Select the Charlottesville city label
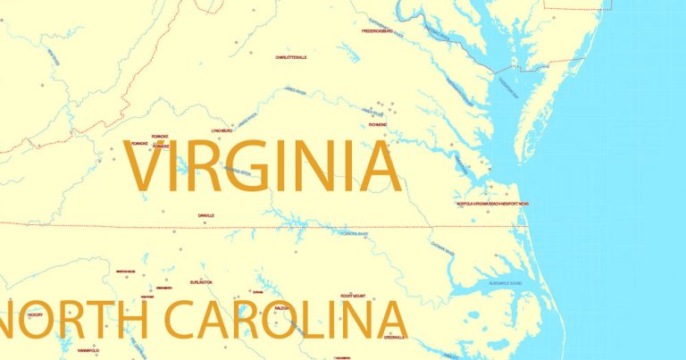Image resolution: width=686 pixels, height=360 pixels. tap(291, 57)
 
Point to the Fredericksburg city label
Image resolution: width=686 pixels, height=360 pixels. tap(377, 31)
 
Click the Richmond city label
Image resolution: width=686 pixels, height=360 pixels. tap(378, 125)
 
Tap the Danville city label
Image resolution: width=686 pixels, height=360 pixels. tap(206, 215)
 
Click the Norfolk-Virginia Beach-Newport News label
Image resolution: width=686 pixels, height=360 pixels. tap(492, 204)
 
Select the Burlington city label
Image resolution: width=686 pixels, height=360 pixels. tap(201, 282)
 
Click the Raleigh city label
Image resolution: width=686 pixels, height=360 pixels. tap(283, 307)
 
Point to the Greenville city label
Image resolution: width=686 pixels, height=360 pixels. tap(395, 338)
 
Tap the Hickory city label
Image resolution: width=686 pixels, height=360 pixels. tap(36, 314)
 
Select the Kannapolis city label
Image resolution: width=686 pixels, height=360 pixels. tap(88, 350)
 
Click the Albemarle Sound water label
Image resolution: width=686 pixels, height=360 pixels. tap(505, 283)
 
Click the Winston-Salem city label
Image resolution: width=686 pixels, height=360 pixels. tap(125, 271)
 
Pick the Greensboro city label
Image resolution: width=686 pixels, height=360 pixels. tap(164, 288)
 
